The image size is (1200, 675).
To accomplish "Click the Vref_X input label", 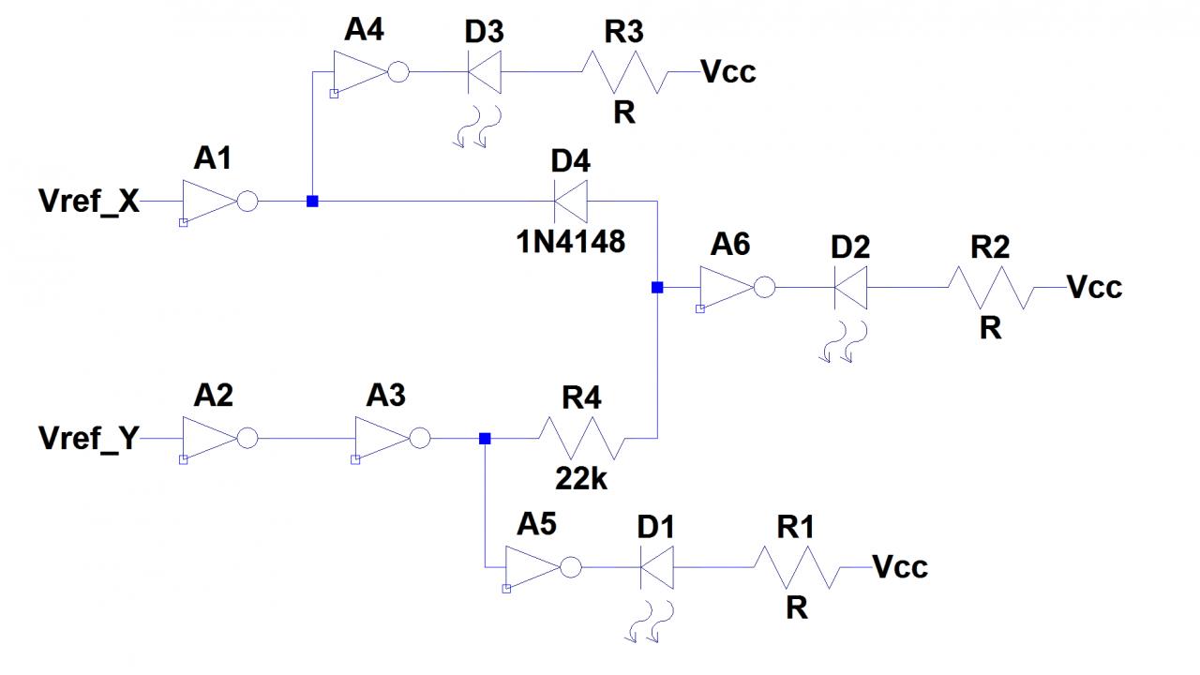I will tap(89, 201).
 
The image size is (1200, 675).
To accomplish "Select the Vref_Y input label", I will tap(89, 438).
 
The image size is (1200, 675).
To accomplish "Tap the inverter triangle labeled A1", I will tap(208, 202).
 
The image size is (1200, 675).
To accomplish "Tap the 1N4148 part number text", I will tap(571, 242).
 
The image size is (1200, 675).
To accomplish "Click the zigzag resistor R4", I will tap(581, 438).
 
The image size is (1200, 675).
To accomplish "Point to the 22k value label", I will tap(581, 480).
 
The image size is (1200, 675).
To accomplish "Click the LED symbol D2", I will tap(850, 287).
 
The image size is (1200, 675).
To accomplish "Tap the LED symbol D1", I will tap(656, 567).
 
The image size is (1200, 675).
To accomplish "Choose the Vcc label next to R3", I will tap(728, 72).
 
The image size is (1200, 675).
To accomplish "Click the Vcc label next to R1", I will tap(900, 566).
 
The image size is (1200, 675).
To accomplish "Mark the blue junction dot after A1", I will tap(312, 202).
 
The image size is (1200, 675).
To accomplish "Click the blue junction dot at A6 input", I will tap(657, 287).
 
